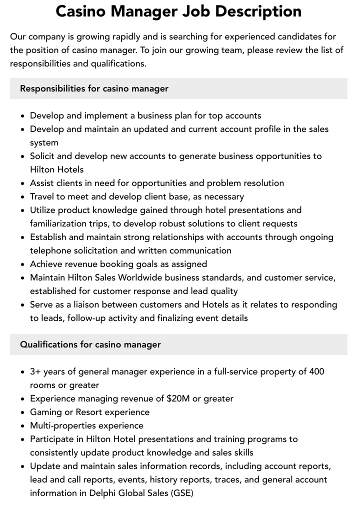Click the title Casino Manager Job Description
[x=178, y=11]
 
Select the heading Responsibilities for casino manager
[x=94, y=88]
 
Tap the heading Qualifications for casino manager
[x=90, y=344]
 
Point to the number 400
[x=316, y=371]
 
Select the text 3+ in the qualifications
[x=35, y=371]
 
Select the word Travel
[x=43, y=196]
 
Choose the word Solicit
[x=44, y=156]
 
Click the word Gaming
[x=46, y=412]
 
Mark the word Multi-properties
[x=63, y=425]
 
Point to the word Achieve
[x=47, y=264]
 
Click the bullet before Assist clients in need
[x=22, y=183]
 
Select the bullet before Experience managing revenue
[x=22, y=399]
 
